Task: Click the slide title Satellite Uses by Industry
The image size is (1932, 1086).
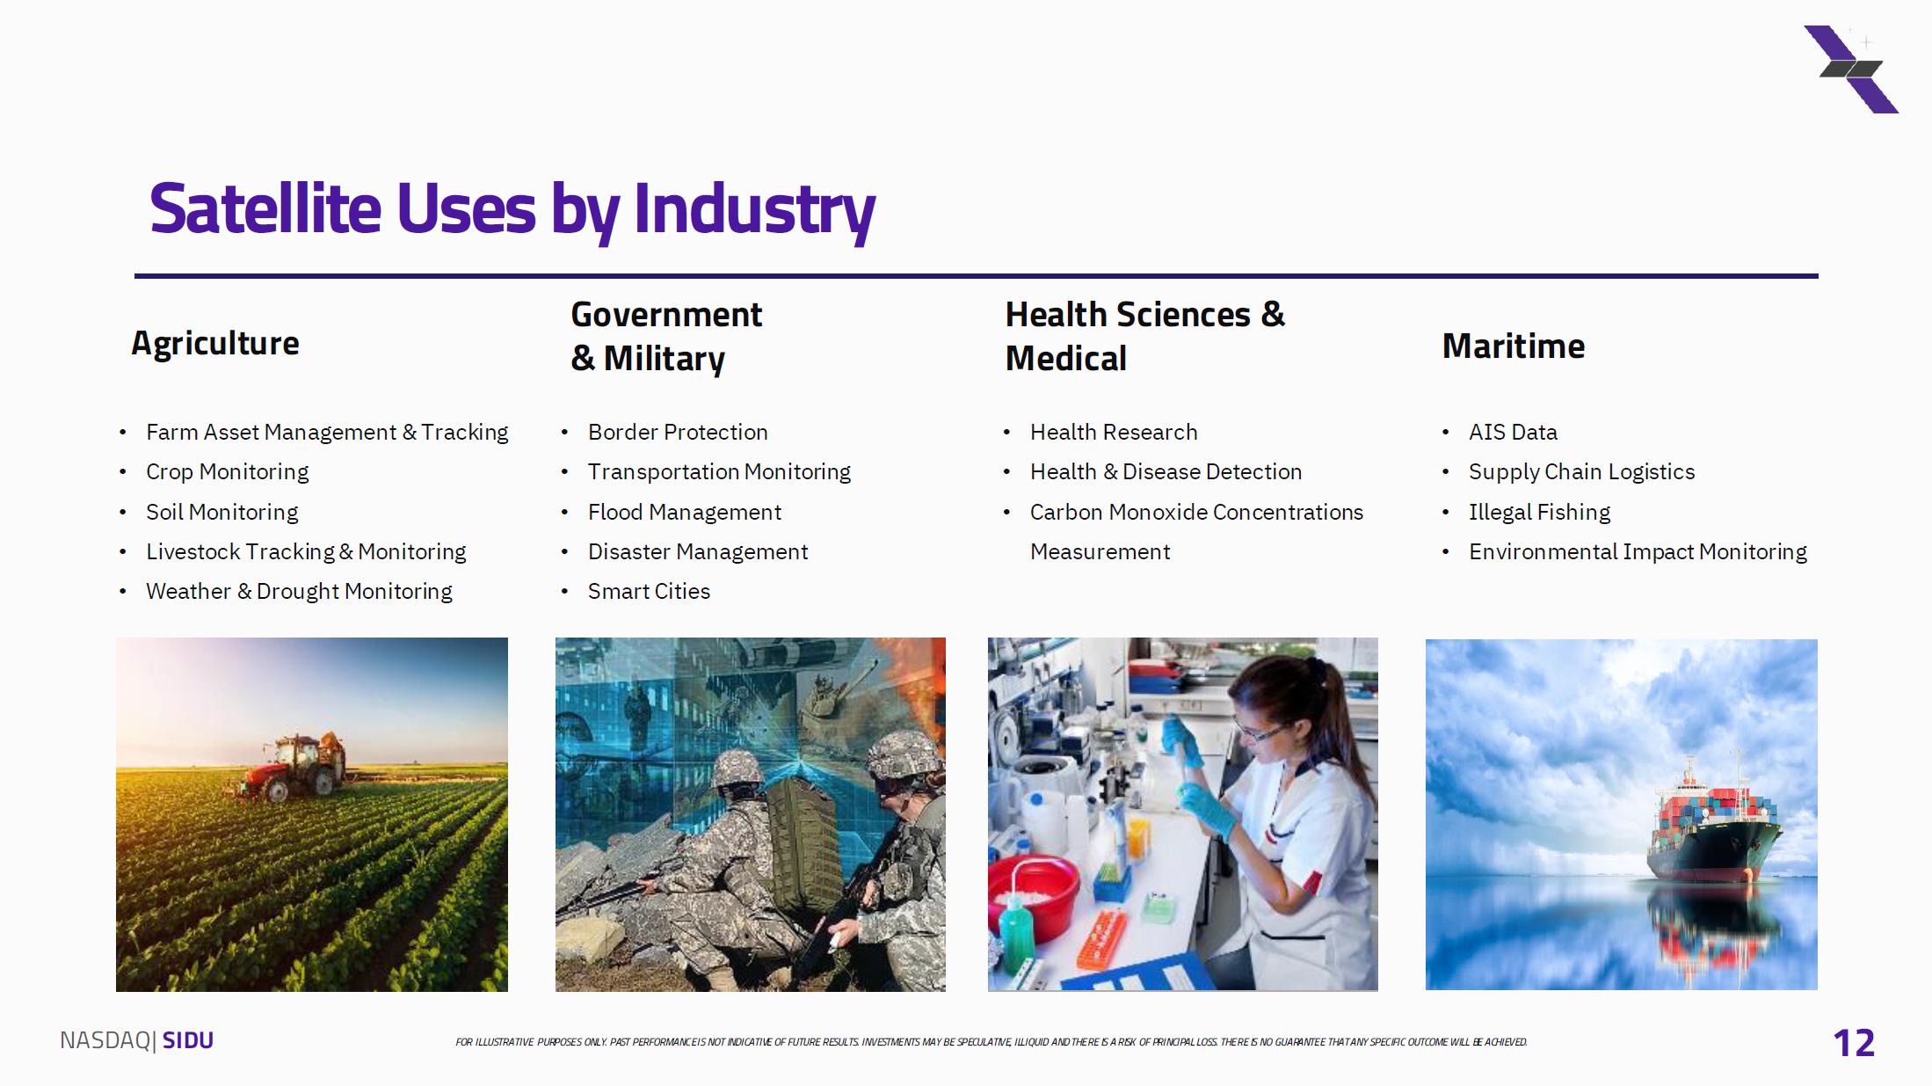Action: click(x=512, y=209)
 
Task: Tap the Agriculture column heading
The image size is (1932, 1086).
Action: click(x=215, y=344)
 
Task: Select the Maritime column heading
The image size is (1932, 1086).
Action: click(x=1514, y=346)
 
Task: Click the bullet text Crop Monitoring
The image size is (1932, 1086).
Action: click(x=227, y=472)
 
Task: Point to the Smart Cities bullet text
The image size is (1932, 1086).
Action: click(x=649, y=591)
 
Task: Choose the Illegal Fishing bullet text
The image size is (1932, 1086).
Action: click(x=1539, y=512)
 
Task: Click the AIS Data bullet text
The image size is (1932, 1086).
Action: click(x=1513, y=432)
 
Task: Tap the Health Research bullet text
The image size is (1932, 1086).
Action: click(x=1114, y=432)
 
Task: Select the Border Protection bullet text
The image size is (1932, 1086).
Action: click(x=678, y=432)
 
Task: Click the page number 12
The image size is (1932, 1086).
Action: click(x=1854, y=1043)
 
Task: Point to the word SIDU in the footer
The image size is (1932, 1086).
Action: click(x=188, y=1040)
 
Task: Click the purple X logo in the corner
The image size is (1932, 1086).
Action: click(x=1851, y=69)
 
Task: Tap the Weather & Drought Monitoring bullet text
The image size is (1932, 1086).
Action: click(x=299, y=591)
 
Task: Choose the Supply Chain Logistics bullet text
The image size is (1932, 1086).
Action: click(x=1581, y=472)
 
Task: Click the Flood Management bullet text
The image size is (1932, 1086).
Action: click(x=685, y=512)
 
